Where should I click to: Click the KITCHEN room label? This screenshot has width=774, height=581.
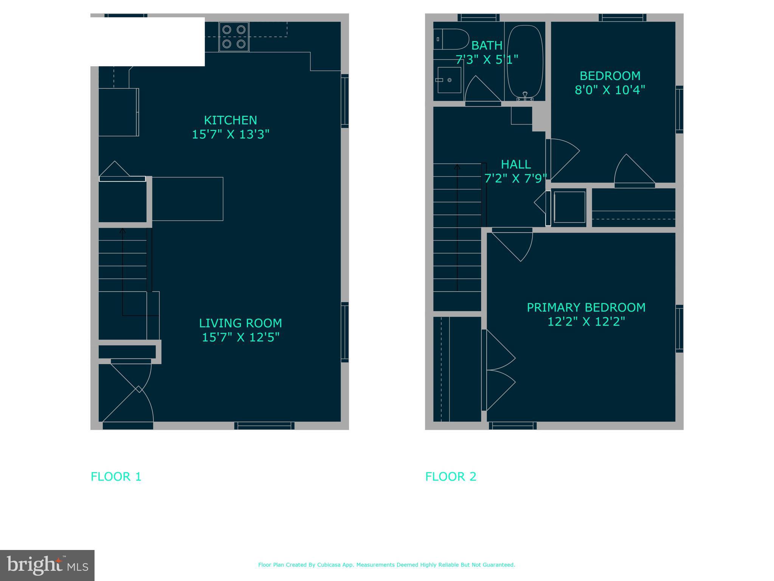230,120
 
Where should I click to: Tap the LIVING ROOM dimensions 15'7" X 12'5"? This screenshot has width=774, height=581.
240,337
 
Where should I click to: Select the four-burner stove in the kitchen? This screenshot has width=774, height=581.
234,37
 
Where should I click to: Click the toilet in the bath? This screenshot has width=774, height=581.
450,39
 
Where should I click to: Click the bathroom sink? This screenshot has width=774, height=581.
449,80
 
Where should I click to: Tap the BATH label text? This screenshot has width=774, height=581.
487,46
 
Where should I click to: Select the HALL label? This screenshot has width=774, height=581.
516,164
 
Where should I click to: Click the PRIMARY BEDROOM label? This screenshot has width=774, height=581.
586,308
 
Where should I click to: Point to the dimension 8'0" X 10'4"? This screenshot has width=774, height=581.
610,90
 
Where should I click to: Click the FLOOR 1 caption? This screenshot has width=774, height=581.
116,477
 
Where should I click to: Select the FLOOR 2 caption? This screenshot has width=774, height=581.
451,477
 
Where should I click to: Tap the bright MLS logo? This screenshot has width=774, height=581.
47,565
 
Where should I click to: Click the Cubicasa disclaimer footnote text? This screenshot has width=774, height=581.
386,565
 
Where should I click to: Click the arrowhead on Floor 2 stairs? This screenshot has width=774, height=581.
457,166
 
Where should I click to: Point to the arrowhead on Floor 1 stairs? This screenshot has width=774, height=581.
123,230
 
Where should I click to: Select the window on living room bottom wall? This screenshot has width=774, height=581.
264,426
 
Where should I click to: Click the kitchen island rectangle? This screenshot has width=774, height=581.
188,199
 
